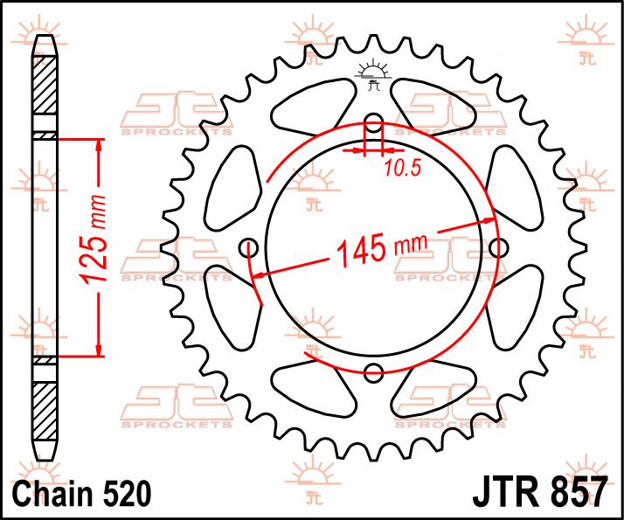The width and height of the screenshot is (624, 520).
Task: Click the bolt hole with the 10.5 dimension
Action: tap(373, 121)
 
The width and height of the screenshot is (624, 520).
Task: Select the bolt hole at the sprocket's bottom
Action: tap(373, 373)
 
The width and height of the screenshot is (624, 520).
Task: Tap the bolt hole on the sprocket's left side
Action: tap(247, 247)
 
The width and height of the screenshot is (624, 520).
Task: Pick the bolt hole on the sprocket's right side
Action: tap(498, 248)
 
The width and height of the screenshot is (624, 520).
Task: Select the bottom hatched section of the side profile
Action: tap(45, 411)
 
